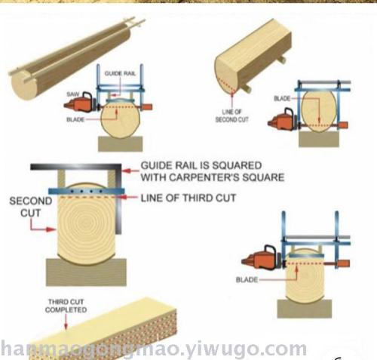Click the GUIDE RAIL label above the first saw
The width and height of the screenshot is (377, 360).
120,73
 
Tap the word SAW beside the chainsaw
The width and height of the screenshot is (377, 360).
73,94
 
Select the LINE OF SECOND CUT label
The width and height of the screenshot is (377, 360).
231,115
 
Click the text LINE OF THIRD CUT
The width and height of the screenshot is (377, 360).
188,198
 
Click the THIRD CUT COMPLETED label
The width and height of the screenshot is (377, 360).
66,306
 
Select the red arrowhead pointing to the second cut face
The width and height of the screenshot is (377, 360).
51,229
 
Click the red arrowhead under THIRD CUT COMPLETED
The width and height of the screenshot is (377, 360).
66,326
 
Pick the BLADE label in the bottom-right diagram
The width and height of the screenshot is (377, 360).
247,280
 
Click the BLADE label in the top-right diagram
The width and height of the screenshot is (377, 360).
282,98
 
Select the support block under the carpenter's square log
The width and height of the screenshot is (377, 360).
86,272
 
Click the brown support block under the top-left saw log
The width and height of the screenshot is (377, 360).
121,144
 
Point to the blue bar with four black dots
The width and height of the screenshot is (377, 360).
87,191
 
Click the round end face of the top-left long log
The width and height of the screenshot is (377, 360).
24,85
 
